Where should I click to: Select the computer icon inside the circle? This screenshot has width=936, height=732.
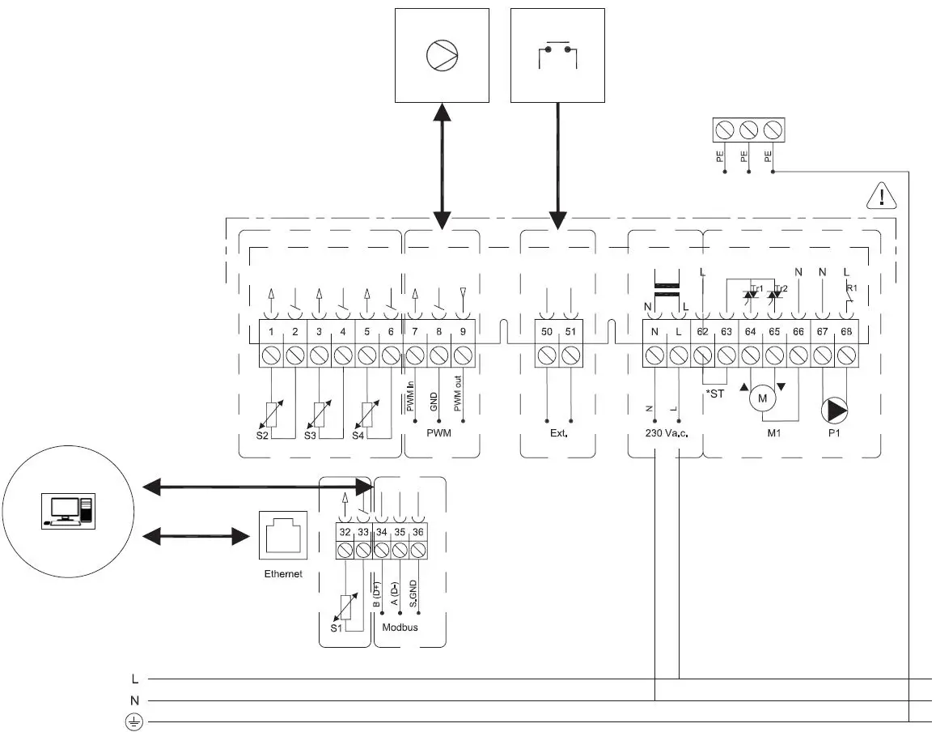[69, 510]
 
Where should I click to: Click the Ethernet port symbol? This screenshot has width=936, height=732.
[282, 535]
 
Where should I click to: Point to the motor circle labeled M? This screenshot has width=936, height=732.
[760, 398]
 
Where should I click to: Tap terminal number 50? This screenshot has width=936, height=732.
[547, 331]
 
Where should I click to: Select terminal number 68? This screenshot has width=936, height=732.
[847, 331]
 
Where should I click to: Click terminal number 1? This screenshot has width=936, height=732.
[271, 331]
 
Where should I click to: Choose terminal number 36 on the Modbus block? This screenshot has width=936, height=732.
[417, 531]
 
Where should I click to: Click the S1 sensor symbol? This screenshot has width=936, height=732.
[346, 606]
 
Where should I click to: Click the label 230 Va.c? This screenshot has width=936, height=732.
[666, 434]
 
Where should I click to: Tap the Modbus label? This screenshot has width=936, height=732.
[400, 627]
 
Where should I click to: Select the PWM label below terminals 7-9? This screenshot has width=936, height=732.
[438, 434]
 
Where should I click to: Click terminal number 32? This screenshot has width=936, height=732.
[345, 531]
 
